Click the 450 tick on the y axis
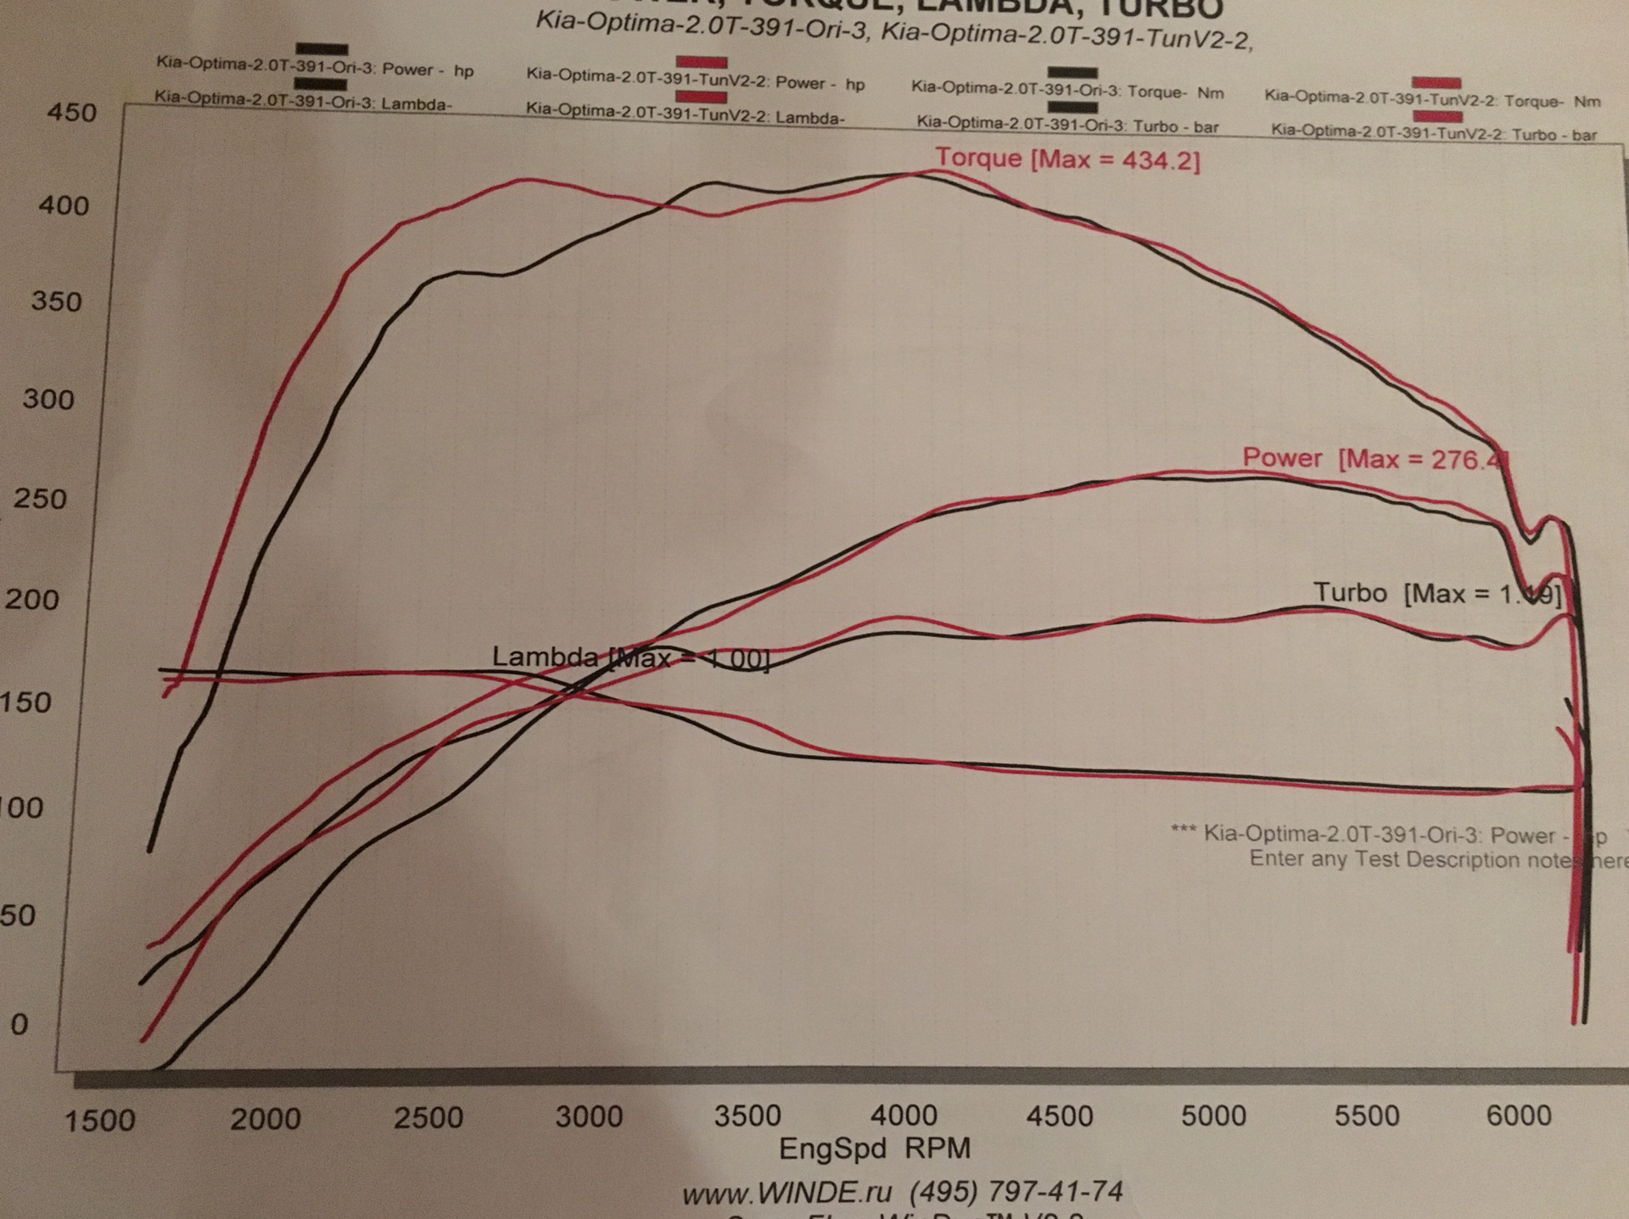pyautogui.click(x=71, y=112)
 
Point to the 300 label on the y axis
pyautogui.click(x=48, y=399)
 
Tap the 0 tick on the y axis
pyautogui.click(x=19, y=1024)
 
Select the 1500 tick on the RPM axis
pyautogui.click(x=99, y=1121)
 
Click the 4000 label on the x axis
pyautogui.click(x=904, y=1116)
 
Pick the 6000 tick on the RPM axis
pyautogui.click(x=1518, y=1116)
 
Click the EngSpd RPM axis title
pyautogui.click(x=874, y=1149)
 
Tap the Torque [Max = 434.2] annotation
pyautogui.click(x=1067, y=159)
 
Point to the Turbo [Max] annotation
pyautogui.click(x=1436, y=593)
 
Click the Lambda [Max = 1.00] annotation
pyautogui.click(x=630, y=657)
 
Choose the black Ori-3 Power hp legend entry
pyautogui.click(x=315, y=70)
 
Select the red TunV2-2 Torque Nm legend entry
pyautogui.click(x=1432, y=99)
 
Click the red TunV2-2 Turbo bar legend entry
pyautogui.click(x=1434, y=133)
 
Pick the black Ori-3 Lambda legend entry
pyautogui.click(x=303, y=102)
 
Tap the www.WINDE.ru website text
pyautogui.click(x=787, y=1193)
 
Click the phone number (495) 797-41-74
pyautogui.click(x=1016, y=1192)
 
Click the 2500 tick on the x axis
pyautogui.click(x=428, y=1117)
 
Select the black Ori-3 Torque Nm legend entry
pyautogui.click(x=1067, y=91)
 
